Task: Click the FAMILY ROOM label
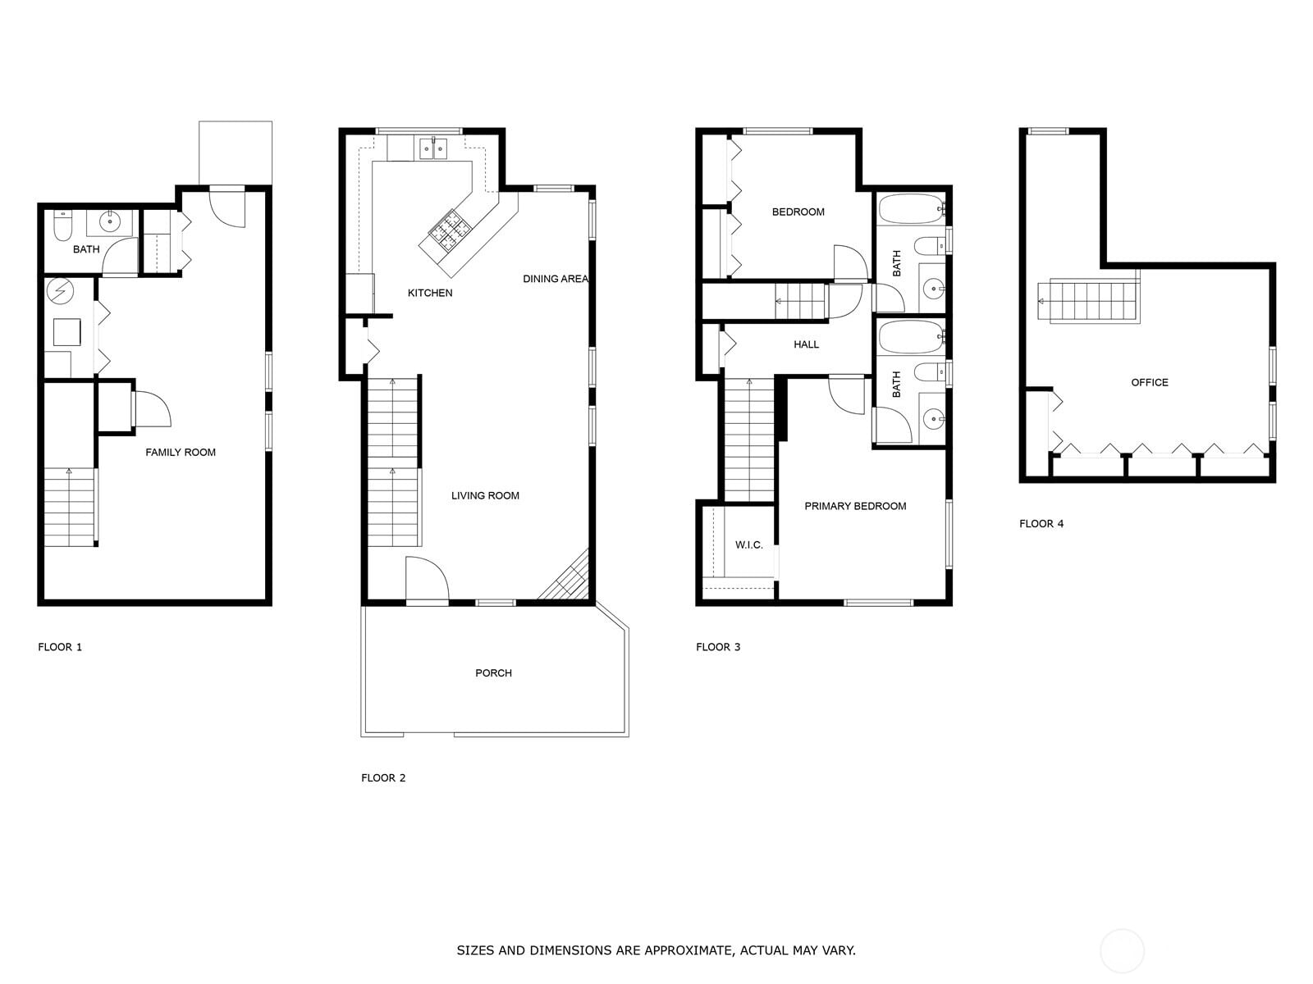point(181,452)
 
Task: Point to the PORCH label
point(493,672)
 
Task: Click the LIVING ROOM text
point(485,495)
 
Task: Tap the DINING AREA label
point(555,279)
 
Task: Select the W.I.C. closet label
point(748,544)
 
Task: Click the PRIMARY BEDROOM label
point(855,506)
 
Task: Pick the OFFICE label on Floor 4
point(1149,382)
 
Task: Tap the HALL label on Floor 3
point(806,344)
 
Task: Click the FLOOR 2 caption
point(383,777)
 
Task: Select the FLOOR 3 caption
point(718,647)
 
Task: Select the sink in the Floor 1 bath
point(110,221)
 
